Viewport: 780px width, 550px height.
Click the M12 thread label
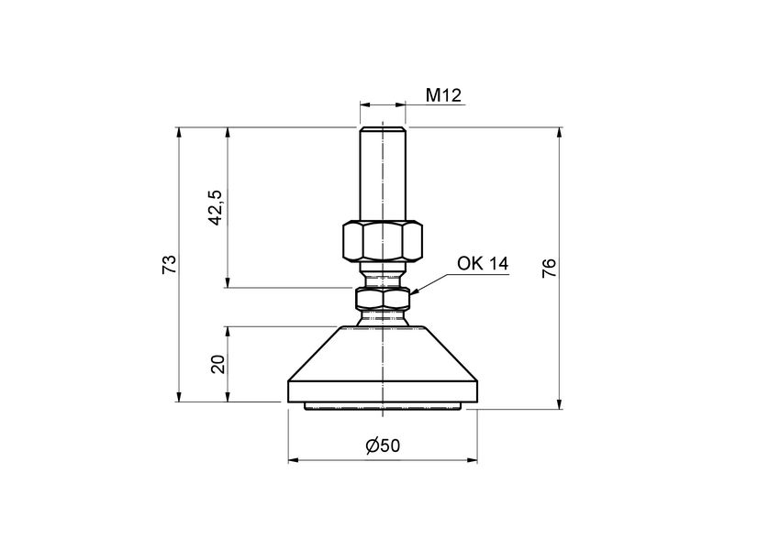441,94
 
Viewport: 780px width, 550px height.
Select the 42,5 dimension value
216,207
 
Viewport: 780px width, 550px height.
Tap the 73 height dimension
168,265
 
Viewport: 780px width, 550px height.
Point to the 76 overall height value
549,268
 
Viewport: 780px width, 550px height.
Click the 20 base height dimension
217,364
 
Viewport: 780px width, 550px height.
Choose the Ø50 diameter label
383,445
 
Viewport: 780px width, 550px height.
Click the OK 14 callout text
483,264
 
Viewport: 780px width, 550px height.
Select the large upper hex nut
382,240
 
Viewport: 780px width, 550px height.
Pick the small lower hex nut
382,298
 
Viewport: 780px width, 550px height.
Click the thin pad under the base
382,405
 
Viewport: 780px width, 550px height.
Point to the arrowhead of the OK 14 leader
414,292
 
